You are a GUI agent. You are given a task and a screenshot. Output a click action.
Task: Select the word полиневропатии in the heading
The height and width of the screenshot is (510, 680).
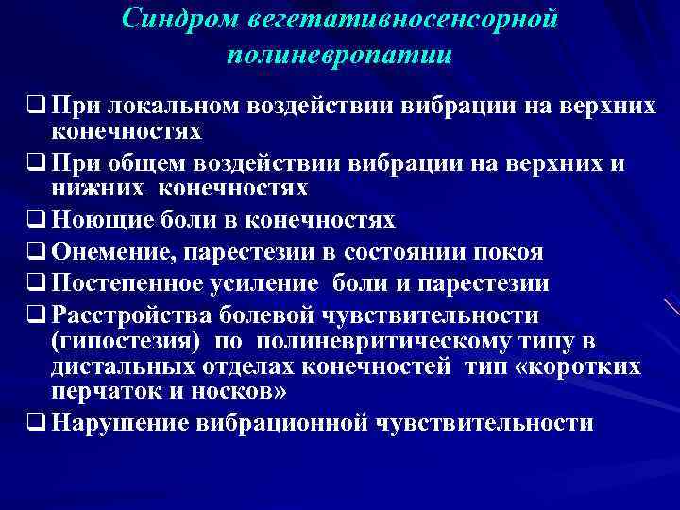339,55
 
